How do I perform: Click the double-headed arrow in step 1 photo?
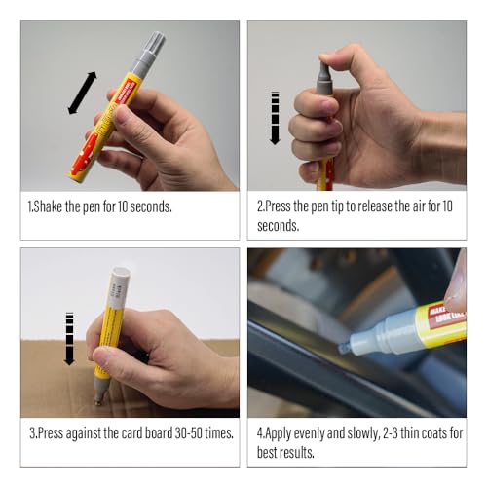82,93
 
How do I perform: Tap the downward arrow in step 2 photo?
275,118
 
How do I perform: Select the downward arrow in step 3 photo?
69,338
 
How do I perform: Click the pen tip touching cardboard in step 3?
98,398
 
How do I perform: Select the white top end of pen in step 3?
119,278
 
